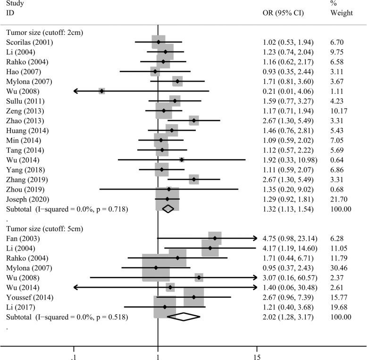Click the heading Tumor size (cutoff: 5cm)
pos(42,228)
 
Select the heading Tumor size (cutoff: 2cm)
pos(42,33)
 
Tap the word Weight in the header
pos(342,13)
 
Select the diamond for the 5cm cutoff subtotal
pos(184,317)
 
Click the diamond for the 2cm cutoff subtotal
pos(168,209)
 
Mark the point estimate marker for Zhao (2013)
pos(194,121)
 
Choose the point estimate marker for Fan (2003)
pos(215,238)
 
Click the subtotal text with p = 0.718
pos(67,209)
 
